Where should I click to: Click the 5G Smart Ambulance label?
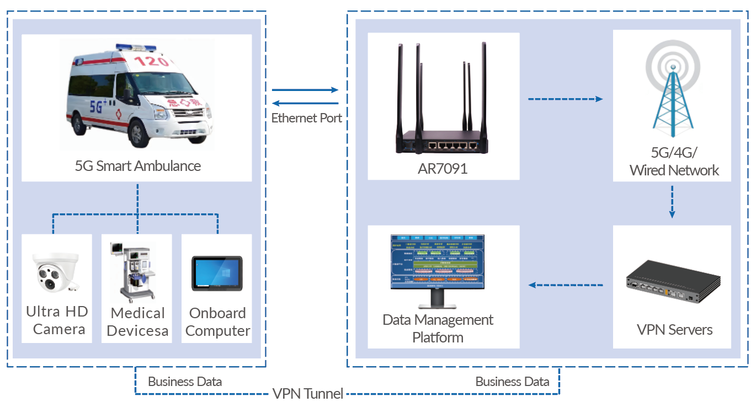click(x=137, y=165)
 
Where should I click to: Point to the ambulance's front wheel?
click(x=137, y=131)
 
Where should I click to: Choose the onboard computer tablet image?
click(x=217, y=273)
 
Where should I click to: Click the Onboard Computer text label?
click(x=217, y=322)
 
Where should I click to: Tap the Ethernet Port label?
click(x=306, y=118)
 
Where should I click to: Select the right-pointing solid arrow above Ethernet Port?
click(x=305, y=90)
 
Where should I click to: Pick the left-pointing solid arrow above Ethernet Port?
click(x=306, y=103)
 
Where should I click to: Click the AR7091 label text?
click(x=443, y=169)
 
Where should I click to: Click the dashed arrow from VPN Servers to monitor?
click(x=565, y=285)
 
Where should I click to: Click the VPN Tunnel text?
click(x=308, y=394)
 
